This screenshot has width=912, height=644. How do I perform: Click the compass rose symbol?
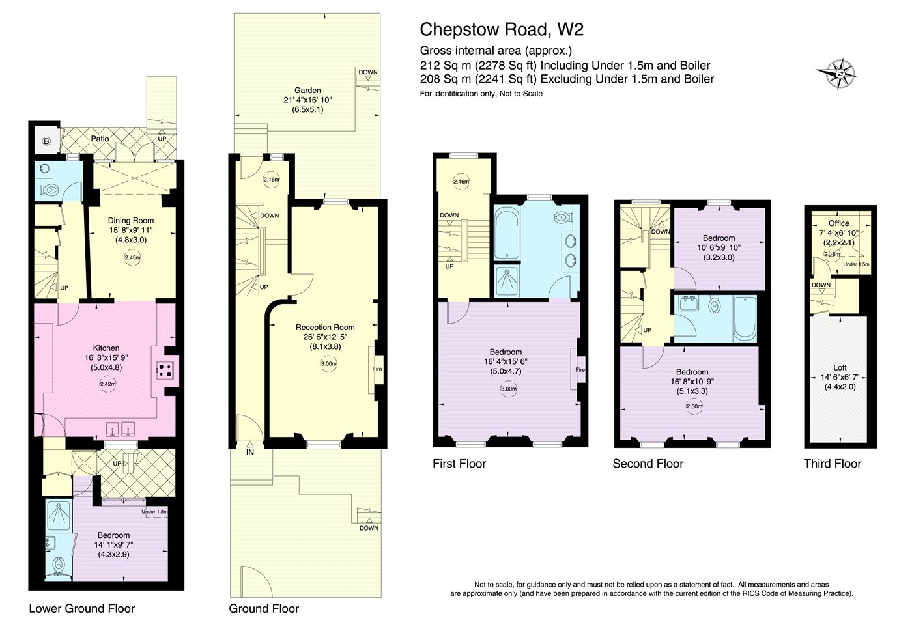tap(836, 74)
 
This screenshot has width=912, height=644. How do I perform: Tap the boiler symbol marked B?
tap(46, 141)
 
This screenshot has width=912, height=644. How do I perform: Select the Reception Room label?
tap(325, 328)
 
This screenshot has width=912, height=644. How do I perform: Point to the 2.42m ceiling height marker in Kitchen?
tap(108, 384)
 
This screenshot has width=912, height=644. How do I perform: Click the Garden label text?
tap(307, 90)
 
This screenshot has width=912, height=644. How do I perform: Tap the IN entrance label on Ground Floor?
tap(250, 453)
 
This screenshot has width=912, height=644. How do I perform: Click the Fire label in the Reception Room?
tap(377, 369)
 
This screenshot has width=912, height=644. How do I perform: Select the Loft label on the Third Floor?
tap(840, 367)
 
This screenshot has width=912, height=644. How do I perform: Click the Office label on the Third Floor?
tap(839, 223)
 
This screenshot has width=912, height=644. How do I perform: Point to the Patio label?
tap(100, 139)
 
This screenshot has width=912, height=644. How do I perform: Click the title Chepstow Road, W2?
tap(502, 29)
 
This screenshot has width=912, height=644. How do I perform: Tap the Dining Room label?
tap(131, 221)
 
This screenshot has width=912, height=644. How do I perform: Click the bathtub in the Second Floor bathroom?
tap(745, 318)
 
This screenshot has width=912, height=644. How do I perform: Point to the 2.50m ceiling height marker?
tap(694, 406)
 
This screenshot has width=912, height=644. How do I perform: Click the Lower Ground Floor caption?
tap(82, 609)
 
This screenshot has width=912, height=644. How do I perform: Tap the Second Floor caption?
tap(648, 464)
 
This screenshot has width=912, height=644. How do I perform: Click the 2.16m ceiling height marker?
tap(271, 179)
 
